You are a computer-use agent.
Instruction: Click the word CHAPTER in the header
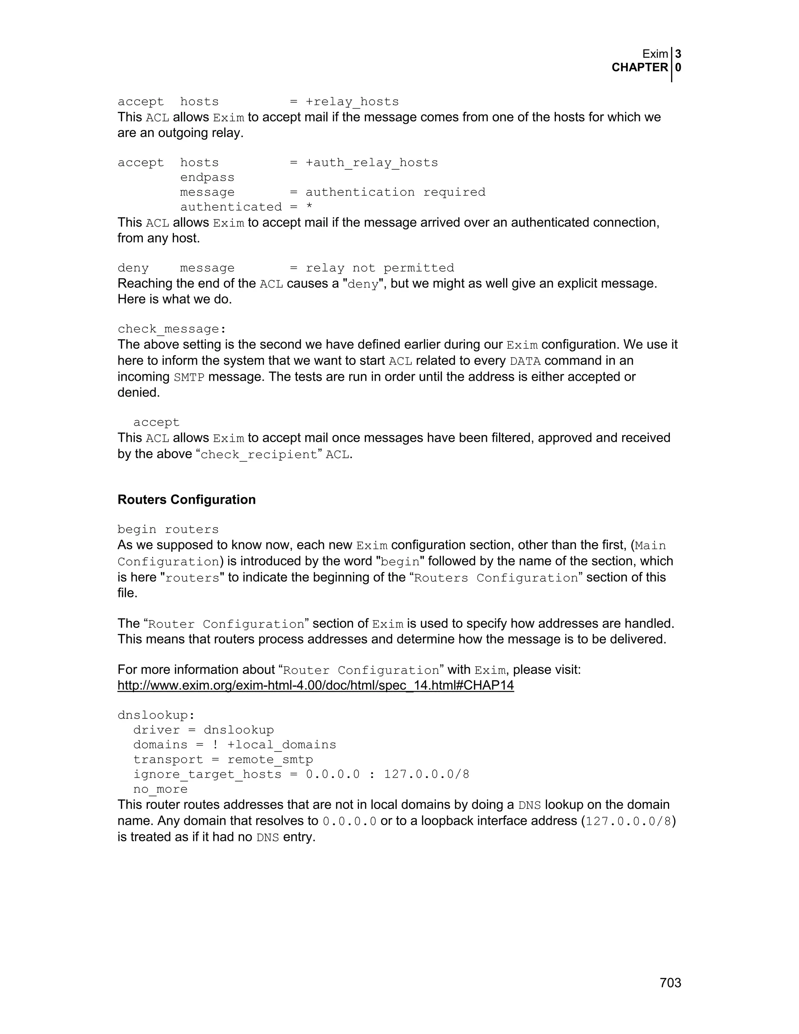(x=639, y=68)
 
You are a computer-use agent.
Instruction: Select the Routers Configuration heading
(x=186, y=499)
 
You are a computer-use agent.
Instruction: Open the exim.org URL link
(x=316, y=686)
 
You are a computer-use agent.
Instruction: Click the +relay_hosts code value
(x=352, y=102)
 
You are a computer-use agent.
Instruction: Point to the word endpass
(x=207, y=178)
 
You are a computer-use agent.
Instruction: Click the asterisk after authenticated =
(x=309, y=207)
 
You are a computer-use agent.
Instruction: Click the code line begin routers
(x=168, y=529)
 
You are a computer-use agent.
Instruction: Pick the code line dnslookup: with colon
(x=156, y=715)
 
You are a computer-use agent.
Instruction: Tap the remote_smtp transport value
(x=270, y=760)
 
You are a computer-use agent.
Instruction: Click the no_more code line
(x=160, y=789)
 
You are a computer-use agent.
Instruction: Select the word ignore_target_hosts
(x=207, y=775)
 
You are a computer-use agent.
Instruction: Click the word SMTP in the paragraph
(x=189, y=378)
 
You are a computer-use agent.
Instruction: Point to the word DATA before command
(x=525, y=361)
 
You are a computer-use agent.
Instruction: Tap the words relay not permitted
(x=380, y=268)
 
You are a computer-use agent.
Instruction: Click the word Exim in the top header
(x=655, y=54)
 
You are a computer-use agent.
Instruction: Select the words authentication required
(x=395, y=192)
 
